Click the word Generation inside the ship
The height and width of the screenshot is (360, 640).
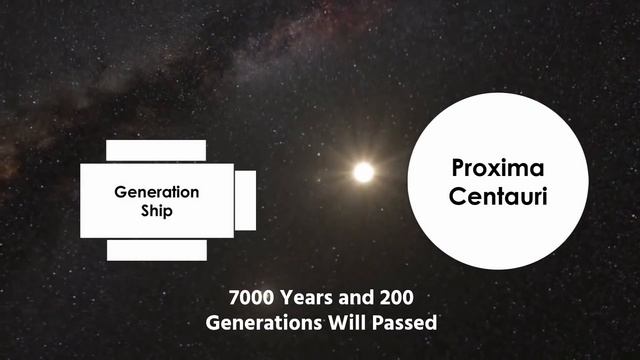[x=156, y=192]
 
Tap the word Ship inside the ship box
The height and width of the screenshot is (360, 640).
[x=156, y=211]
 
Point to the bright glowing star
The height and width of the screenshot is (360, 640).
[x=363, y=172]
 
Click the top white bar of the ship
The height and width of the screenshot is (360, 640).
[x=156, y=150]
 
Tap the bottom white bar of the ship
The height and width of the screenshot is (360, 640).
[x=156, y=249]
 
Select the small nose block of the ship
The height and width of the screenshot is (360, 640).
[x=245, y=200]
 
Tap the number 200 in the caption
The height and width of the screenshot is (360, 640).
[x=392, y=298]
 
